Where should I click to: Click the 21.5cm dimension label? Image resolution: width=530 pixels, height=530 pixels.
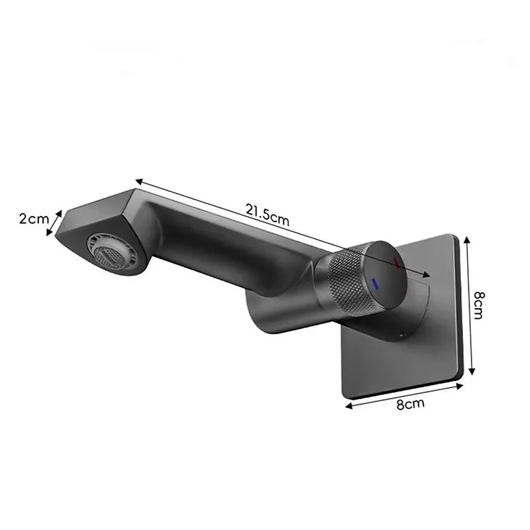(268, 215)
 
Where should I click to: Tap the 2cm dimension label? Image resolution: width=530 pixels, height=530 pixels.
(34, 219)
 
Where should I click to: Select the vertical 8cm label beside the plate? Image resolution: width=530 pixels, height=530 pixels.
(478, 305)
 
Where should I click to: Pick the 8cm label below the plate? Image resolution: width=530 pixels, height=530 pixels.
(410, 404)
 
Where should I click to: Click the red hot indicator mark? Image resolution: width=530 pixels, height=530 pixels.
(396, 262)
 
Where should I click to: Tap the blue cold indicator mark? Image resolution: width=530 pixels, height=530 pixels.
(375, 284)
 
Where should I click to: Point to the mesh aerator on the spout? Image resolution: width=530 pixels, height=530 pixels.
(112, 252)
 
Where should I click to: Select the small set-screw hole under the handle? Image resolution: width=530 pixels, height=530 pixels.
(401, 336)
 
